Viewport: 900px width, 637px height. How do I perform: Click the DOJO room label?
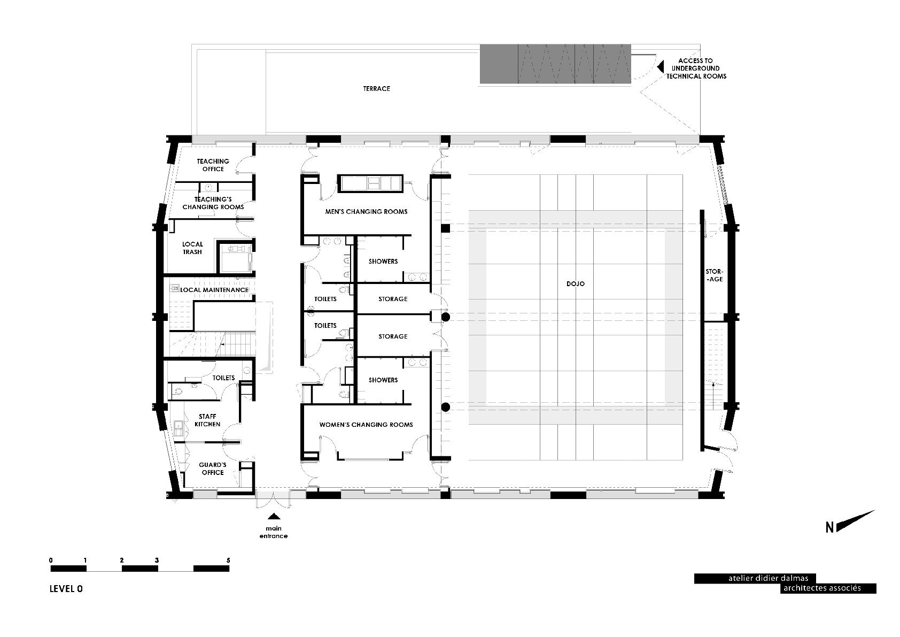tap(576, 284)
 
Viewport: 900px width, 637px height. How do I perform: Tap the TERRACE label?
tap(376, 88)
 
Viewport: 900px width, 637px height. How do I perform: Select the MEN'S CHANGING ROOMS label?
tap(366, 211)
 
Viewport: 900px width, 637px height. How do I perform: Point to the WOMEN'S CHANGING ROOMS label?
tap(366, 425)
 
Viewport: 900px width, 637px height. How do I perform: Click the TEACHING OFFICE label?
tap(213, 165)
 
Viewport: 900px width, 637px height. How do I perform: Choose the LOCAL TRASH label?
tap(192, 248)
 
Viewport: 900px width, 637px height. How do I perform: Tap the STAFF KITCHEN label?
tap(207, 420)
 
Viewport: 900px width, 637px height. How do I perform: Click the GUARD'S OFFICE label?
tap(213, 469)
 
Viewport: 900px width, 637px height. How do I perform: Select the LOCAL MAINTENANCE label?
tap(214, 290)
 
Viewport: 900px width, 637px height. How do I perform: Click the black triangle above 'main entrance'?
tap(274, 516)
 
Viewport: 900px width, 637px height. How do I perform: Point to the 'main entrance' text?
tap(274, 532)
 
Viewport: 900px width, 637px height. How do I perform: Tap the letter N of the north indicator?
tap(829, 527)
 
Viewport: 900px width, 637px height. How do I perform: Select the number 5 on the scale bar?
tap(228, 561)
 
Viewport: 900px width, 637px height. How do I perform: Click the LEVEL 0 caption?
tap(66, 589)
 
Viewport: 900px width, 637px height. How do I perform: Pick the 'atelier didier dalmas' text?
tap(768, 578)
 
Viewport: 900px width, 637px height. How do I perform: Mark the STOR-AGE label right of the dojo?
tap(715, 275)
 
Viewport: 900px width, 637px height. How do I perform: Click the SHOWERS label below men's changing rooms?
tap(383, 262)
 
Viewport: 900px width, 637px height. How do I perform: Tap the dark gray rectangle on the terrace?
tap(555, 64)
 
